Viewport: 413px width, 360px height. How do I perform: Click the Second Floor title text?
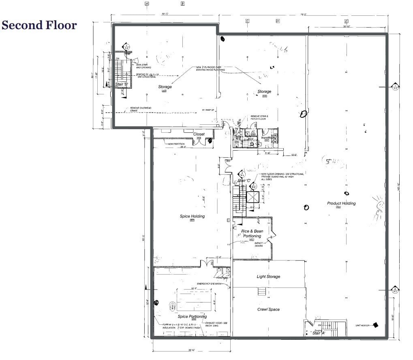click(x=39, y=25)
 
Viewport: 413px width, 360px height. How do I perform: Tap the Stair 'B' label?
click(x=121, y=84)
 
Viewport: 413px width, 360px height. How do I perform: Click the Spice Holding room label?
click(x=192, y=216)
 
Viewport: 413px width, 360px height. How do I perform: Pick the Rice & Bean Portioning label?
click(x=252, y=233)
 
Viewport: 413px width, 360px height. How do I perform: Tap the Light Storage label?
click(x=268, y=277)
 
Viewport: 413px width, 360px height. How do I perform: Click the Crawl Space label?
click(x=268, y=309)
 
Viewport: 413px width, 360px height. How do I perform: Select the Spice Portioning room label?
click(x=192, y=316)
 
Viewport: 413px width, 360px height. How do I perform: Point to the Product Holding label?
click(x=341, y=203)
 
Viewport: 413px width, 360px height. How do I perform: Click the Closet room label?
click(x=199, y=134)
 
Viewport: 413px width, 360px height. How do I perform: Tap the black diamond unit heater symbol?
click(x=376, y=325)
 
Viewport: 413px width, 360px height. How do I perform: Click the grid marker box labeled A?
click(x=147, y=4)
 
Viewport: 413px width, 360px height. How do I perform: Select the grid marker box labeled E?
click(x=346, y=21)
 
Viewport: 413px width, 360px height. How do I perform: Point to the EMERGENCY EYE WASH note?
click(x=209, y=283)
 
